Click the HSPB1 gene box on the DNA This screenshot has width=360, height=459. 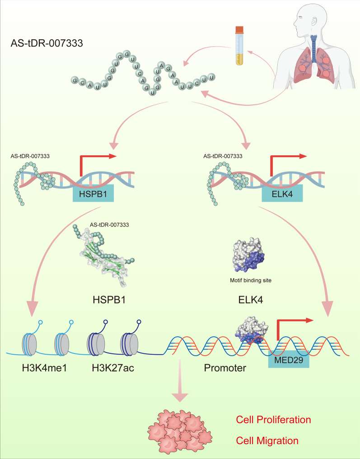point(93,193)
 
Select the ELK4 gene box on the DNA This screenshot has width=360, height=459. point(282,193)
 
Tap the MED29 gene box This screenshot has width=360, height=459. point(289,359)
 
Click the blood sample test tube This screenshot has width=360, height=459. point(239,46)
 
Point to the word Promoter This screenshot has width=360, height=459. point(225,368)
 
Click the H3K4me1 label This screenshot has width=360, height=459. point(44,368)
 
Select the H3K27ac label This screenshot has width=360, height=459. point(113,368)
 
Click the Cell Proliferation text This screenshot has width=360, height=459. point(273,419)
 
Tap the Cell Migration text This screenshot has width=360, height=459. point(267,440)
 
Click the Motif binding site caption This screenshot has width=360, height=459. point(250,280)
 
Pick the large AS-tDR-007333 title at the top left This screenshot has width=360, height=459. point(47,43)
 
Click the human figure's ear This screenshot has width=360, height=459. point(314,21)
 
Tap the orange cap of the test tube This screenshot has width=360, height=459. point(239,30)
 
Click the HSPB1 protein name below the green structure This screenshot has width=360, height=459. point(109,300)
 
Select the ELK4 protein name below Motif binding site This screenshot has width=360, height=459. point(250,300)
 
